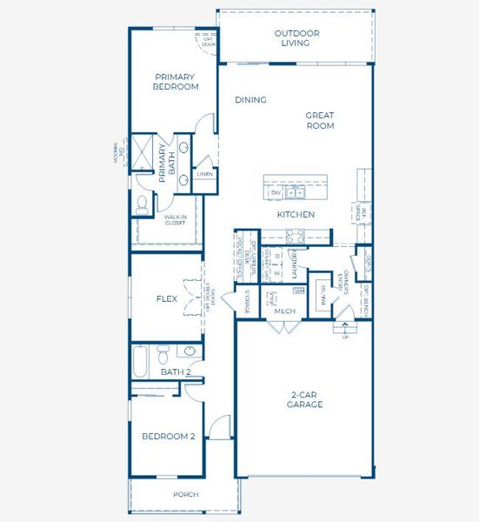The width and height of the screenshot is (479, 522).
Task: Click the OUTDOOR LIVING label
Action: [296, 38]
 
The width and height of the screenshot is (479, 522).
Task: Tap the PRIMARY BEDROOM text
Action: [176, 81]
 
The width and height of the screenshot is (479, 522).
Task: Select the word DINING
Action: [250, 100]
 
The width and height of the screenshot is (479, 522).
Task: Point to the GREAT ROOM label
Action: [319, 120]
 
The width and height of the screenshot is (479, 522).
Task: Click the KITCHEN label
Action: [296, 214]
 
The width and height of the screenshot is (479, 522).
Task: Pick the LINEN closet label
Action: [204, 174]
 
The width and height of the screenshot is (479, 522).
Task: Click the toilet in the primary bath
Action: [142, 204]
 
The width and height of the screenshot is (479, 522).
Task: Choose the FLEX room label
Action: [167, 298]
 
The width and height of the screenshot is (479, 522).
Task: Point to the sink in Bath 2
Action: [189, 352]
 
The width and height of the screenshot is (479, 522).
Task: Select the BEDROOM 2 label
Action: [168, 437]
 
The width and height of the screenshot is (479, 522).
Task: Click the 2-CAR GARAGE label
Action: [305, 400]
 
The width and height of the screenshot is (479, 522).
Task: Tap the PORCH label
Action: [185, 494]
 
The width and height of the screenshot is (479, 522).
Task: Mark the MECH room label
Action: [284, 311]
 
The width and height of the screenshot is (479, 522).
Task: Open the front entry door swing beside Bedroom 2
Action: [219, 427]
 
